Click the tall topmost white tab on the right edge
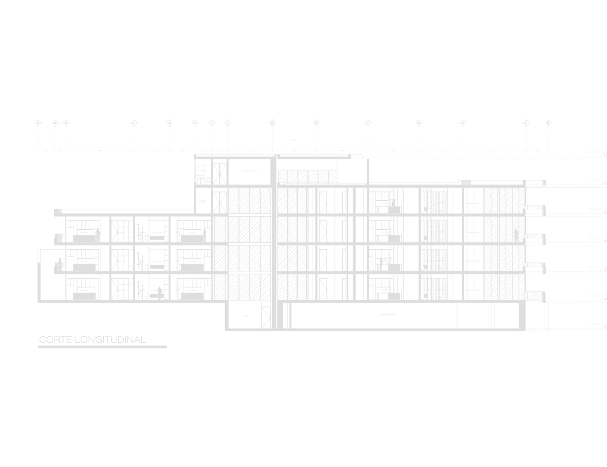click(x=594, y=136)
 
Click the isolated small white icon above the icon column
click(x=208, y=181)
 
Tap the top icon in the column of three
click(x=147, y=240)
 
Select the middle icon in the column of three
click(x=147, y=268)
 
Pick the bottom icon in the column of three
click(x=147, y=296)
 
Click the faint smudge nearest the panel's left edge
click(x=59, y=262)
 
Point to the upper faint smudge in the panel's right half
click(x=395, y=205)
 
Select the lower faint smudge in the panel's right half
click(x=381, y=262)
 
